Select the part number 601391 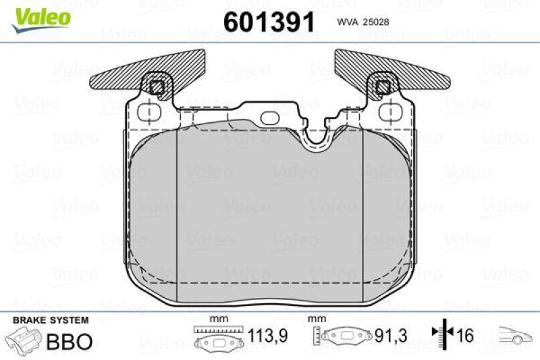pos(269,22)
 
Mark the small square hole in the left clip pos(157,86)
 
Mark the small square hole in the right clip pos(383,86)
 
